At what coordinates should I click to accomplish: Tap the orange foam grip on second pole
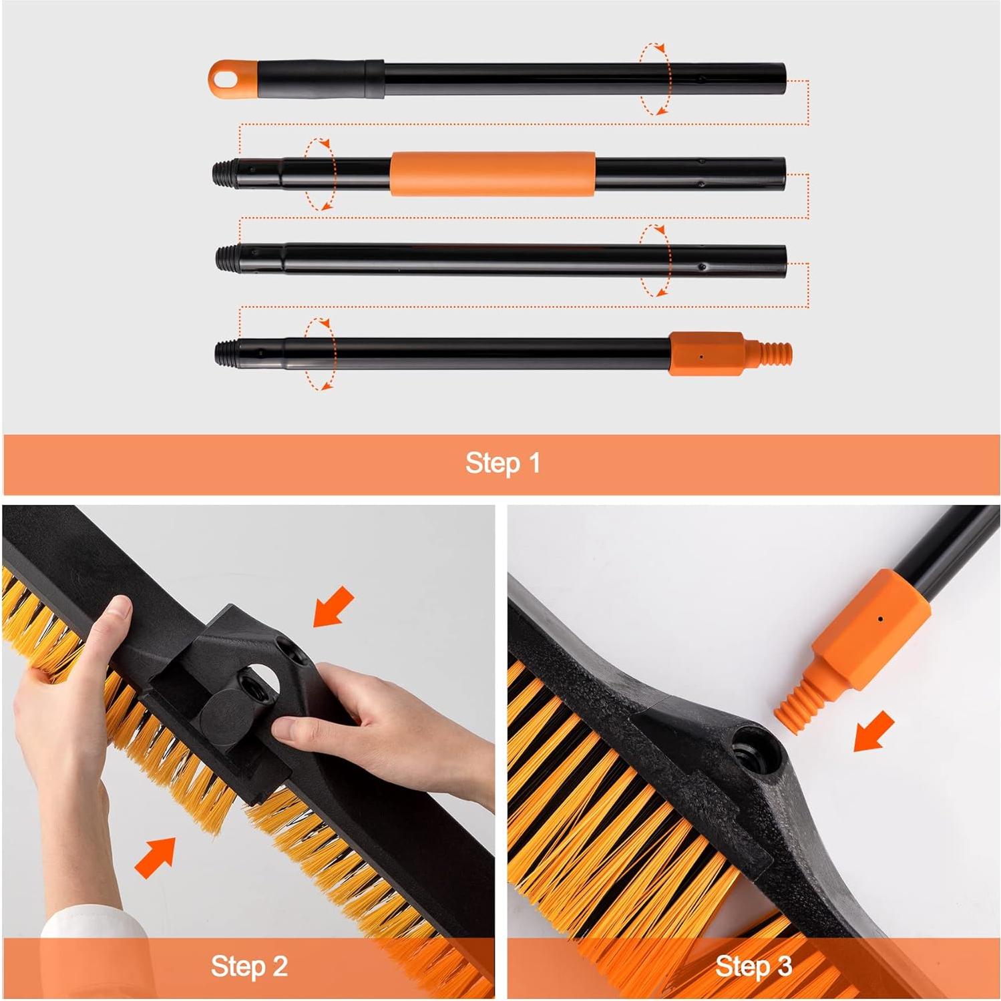492,174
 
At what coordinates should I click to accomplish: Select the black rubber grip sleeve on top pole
321,79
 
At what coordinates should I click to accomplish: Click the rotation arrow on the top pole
655,79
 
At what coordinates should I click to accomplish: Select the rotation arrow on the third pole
655,260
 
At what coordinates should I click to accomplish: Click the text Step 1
502,463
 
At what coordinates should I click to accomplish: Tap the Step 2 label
249,966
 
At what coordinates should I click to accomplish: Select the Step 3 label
753,966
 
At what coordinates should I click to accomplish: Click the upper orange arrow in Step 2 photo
333,606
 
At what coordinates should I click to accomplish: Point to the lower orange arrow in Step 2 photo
156,857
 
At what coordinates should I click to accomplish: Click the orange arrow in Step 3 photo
874,731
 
